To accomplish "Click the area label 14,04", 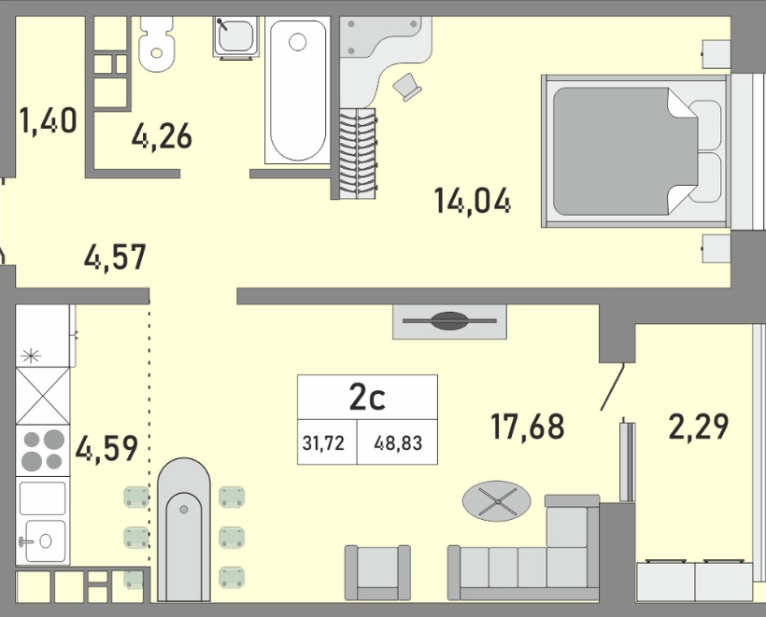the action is (473, 201).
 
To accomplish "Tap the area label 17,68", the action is (528, 427).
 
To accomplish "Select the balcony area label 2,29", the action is (699, 427).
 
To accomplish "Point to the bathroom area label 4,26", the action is (162, 136).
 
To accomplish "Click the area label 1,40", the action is (48, 120).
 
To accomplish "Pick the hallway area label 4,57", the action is (115, 257).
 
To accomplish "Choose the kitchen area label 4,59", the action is (106, 448).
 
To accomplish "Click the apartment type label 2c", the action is (367, 398).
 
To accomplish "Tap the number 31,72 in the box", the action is (323, 443).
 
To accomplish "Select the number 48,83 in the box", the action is (398, 443).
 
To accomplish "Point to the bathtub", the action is (297, 91).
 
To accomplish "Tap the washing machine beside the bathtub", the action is (236, 37).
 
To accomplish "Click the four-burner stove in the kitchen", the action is (42, 451).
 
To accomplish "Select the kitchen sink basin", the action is (45, 540).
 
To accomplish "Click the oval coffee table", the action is (496, 501).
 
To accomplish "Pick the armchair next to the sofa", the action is (377, 572).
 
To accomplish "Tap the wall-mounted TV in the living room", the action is (449, 321).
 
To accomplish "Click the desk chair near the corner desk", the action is (407, 87).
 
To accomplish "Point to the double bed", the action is (635, 151).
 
